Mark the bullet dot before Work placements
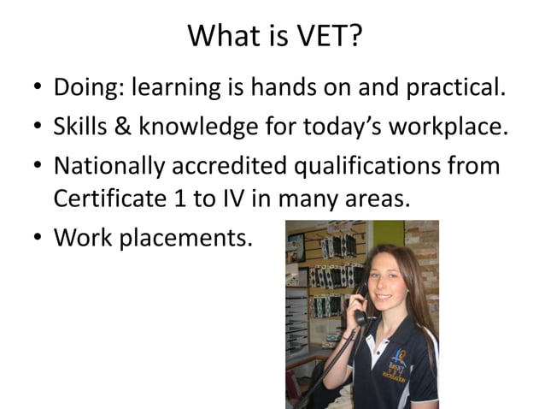point(37,238)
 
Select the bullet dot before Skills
point(37,127)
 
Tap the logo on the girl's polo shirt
point(401,360)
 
